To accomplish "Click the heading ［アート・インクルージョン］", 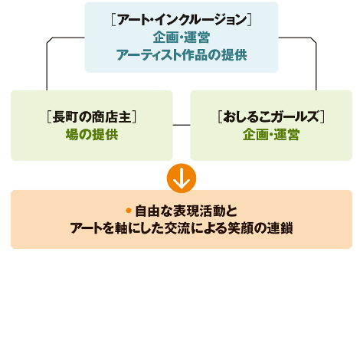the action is (x=182, y=20).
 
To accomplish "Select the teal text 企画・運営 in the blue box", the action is (x=182, y=38).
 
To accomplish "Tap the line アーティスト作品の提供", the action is (x=182, y=55).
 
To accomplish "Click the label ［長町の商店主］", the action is (x=92, y=117).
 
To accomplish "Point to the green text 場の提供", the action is (x=92, y=134).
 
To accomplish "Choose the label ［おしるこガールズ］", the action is (x=271, y=117).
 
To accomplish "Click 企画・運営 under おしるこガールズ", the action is (x=271, y=134).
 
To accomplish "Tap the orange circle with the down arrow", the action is (x=182, y=178).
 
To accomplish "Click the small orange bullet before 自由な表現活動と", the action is (x=129, y=211).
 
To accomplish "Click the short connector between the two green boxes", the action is (x=182, y=125).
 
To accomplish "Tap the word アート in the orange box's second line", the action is (x=87, y=228).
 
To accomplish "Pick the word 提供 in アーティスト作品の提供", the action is (x=234, y=55).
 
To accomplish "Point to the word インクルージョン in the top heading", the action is (x=201, y=20).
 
